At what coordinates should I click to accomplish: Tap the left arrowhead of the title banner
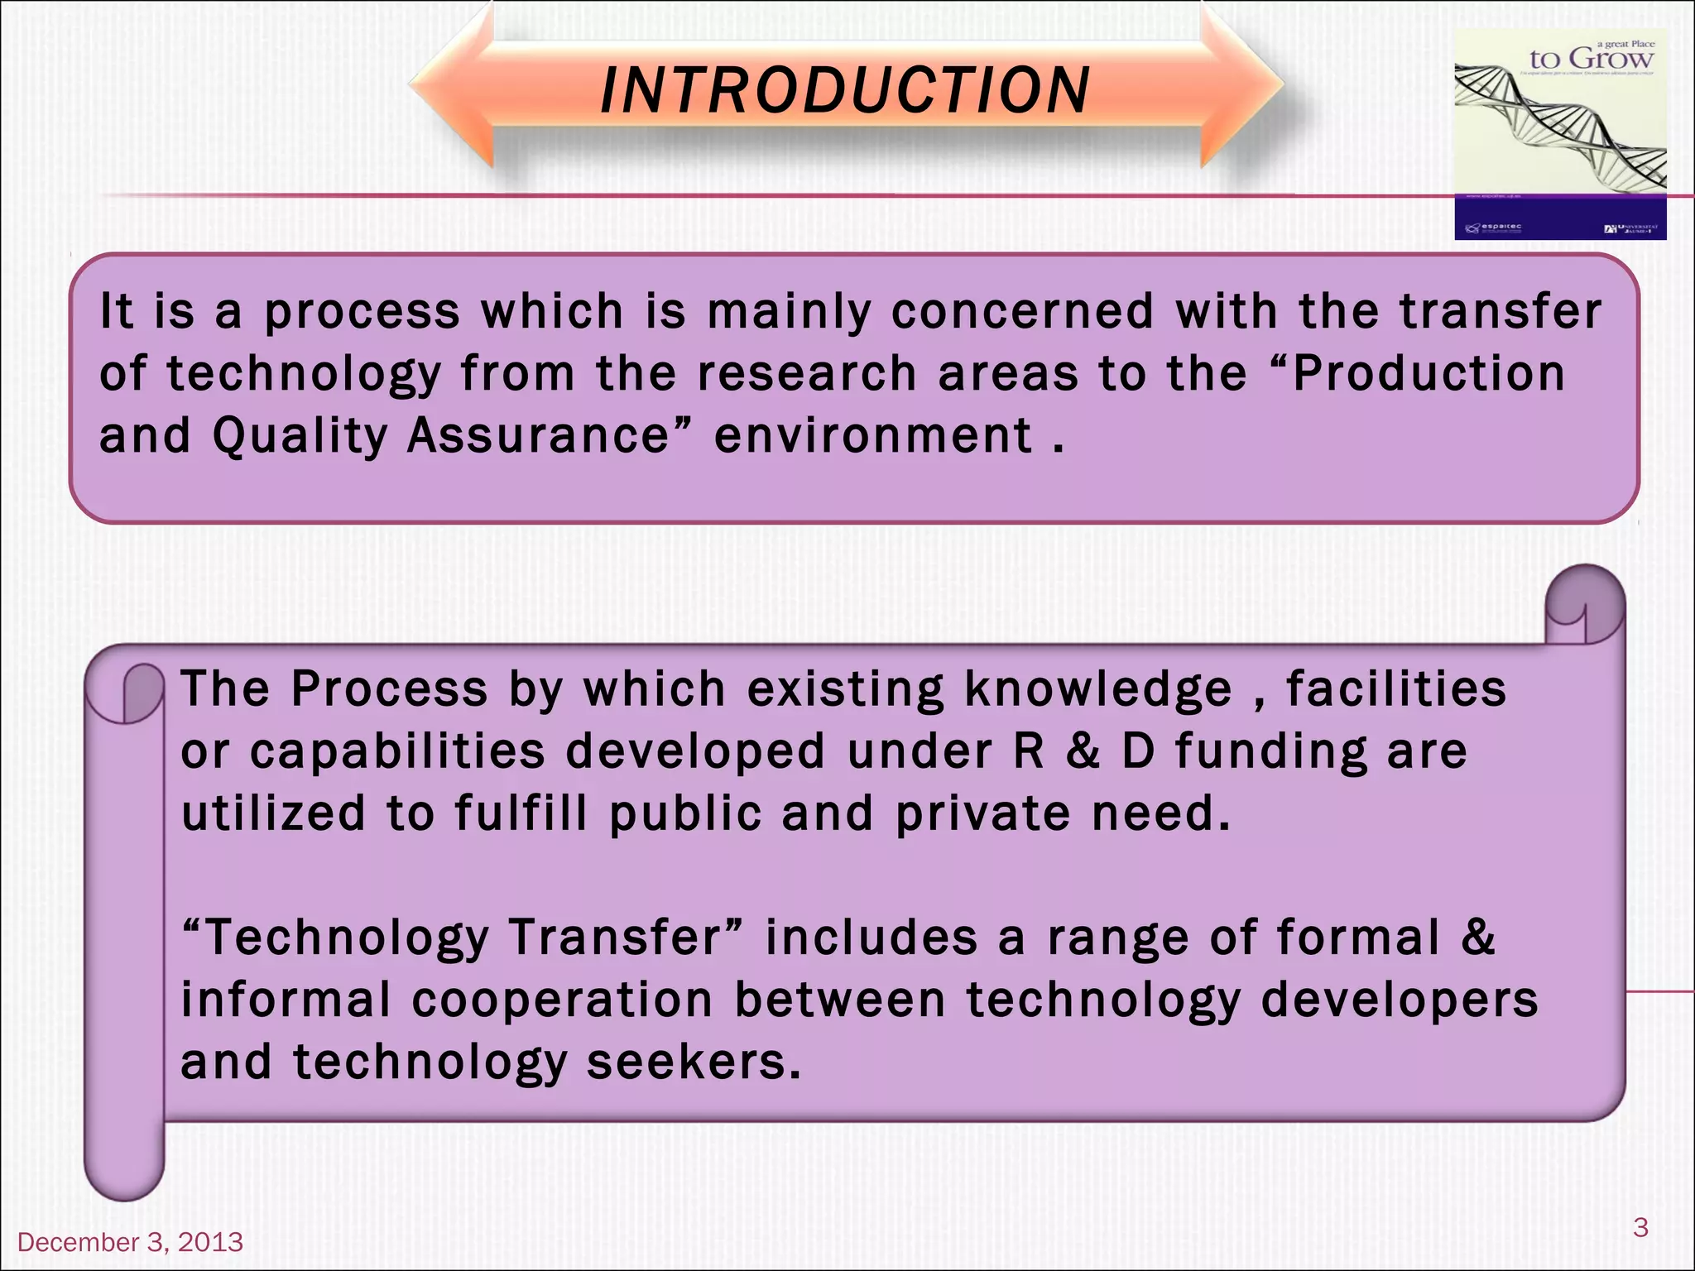pos(451,87)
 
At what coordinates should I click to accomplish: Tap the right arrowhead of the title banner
pos(1241,87)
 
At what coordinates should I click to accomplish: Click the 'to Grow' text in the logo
pos(1591,59)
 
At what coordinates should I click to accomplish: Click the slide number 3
pos(1640,1226)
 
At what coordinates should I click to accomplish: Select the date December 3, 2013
pos(130,1242)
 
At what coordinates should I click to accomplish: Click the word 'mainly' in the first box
pos(789,312)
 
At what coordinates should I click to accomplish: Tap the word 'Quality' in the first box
pos(300,436)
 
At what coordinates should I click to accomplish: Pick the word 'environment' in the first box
pos(873,436)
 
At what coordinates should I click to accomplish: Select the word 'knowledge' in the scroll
pos(1098,689)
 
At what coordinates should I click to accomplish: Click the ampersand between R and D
pos(1083,751)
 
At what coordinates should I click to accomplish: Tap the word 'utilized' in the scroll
pos(273,813)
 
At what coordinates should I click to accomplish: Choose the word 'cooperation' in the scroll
pos(562,1000)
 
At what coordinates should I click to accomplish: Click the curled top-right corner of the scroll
pos(1585,604)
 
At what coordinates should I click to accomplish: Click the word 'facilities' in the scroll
pos(1395,689)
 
